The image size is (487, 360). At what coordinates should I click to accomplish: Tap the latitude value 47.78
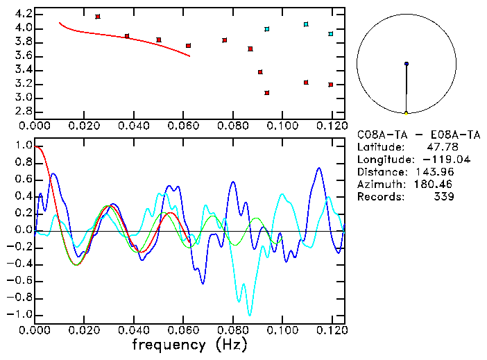tap(441, 147)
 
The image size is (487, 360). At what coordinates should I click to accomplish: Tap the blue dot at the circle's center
tap(407, 64)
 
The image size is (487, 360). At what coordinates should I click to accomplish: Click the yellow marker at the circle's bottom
tap(407, 112)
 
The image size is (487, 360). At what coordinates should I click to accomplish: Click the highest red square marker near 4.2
tap(98, 16)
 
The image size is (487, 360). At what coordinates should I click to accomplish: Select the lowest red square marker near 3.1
tap(267, 92)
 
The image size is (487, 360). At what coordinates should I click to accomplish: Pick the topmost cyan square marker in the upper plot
tap(306, 24)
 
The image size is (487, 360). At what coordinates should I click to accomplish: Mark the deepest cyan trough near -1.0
tap(249, 314)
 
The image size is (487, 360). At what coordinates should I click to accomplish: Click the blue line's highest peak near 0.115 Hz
tap(318, 168)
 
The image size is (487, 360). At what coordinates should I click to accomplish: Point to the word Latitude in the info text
tap(379, 147)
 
